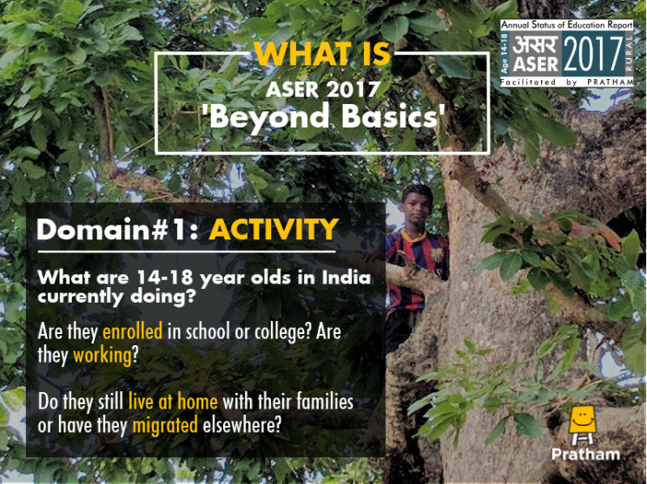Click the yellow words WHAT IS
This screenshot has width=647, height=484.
(322, 54)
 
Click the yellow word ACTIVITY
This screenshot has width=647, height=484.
(274, 229)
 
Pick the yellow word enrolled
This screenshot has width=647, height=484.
(133, 331)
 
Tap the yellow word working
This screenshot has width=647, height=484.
(102, 356)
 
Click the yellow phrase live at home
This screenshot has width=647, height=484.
(173, 402)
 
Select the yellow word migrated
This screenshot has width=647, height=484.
(165, 425)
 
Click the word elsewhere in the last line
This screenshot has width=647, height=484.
(241, 424)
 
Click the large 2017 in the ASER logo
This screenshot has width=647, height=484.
(593, 55)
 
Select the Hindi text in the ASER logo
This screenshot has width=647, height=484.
(535, 45)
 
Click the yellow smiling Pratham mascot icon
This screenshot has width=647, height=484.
(582, 424)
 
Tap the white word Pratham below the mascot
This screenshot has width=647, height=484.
(586, 455)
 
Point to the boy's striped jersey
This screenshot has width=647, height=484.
(416, 268)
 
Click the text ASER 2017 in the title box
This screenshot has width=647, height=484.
(323, 89)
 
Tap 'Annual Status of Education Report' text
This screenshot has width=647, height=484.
(566, 25)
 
